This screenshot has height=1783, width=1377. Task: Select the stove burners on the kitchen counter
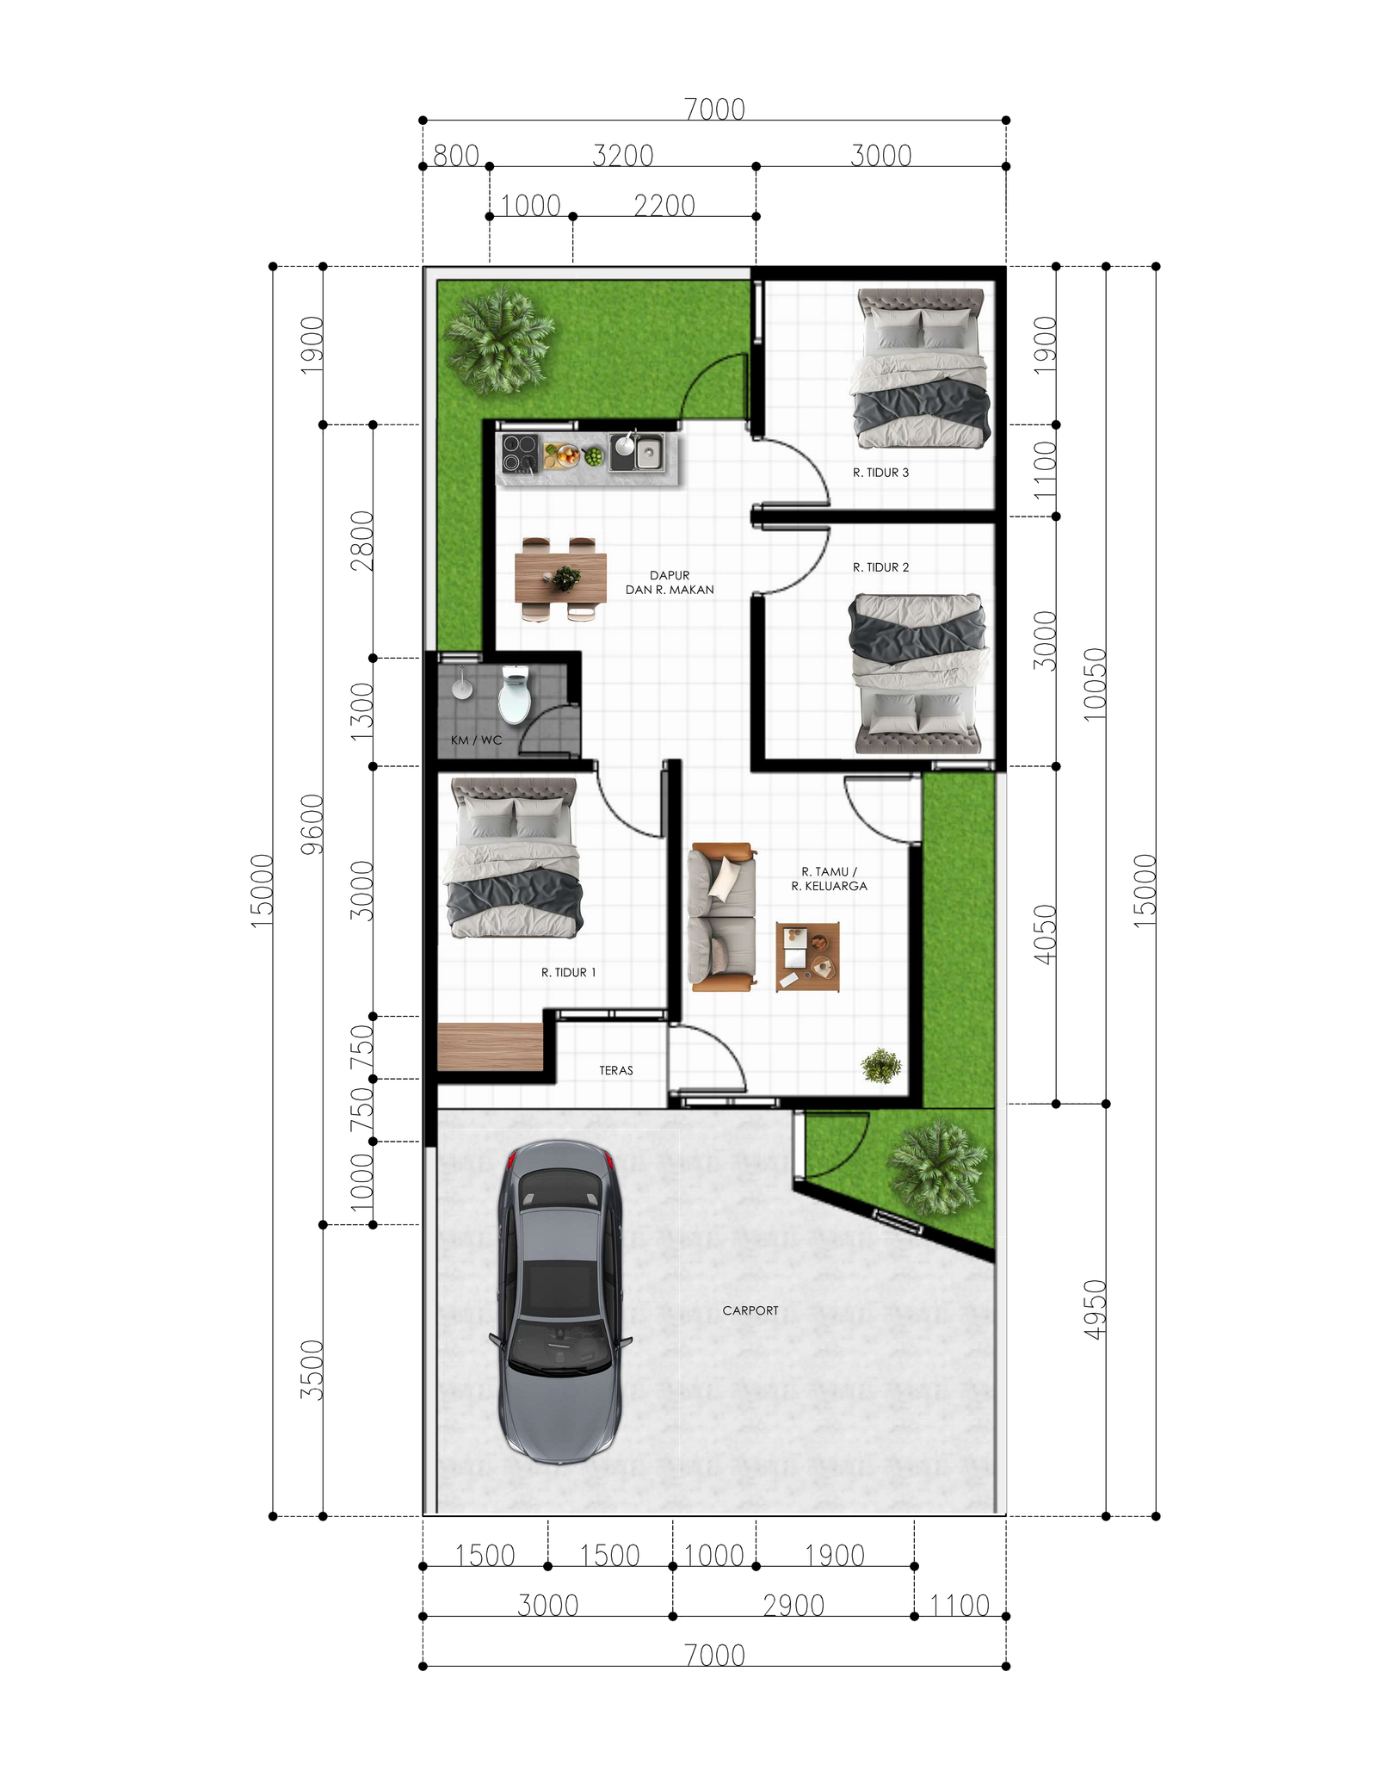tap(520, 454)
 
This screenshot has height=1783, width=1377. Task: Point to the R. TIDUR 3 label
tap(880, 473)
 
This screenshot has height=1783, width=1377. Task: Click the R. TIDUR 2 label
tap(880, 567)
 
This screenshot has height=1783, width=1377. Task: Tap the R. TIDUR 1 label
tap(568, 972)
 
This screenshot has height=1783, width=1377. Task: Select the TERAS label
tap(616, 1070)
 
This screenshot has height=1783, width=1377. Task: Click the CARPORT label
tap(750, 1310)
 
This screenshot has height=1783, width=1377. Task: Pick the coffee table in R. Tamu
tap(807, 957)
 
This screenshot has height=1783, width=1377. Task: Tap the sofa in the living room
tap(722, 917)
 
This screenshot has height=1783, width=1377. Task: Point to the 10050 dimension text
tap(1095, 684)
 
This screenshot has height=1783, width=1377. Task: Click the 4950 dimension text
tap(1095, 1309)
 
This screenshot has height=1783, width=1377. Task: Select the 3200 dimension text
tap(623, 156)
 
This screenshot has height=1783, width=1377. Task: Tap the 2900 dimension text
tap(793, 1606)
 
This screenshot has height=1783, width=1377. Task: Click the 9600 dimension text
tap(312, 824)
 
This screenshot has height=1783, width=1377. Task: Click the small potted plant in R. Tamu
tap(880, 1066)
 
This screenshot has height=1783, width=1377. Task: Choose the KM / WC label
tap(476, 740)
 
